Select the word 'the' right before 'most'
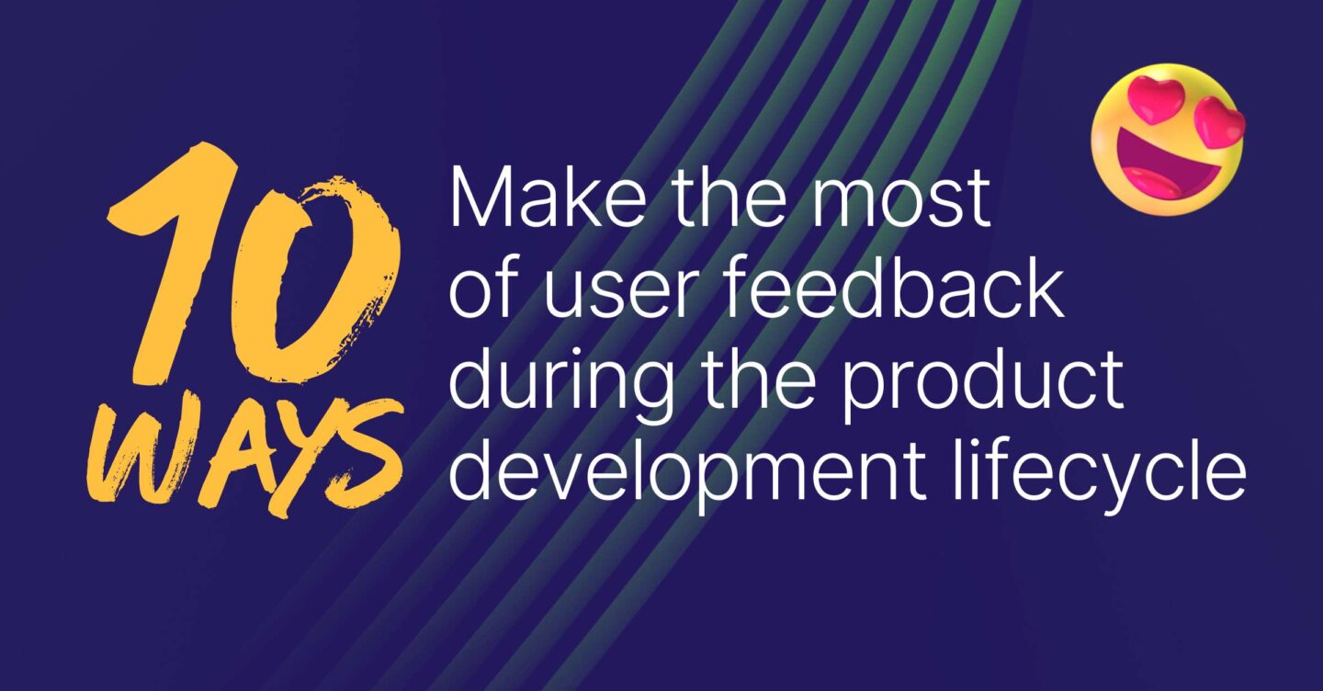(x=720, y=199)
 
